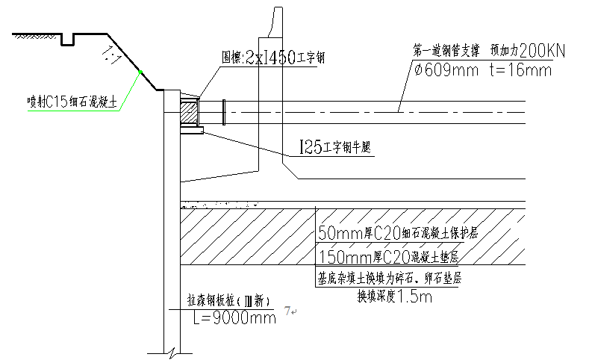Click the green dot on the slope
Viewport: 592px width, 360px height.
click(x=140, y=72)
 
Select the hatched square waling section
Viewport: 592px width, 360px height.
click(x=189, y=112)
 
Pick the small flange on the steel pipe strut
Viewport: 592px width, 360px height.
click(x=222, y=112)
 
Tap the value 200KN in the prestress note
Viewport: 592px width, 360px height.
click(x=543, y=51)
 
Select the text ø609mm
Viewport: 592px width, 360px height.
click(x=448, y=71)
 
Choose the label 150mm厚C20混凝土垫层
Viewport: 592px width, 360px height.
click(x=387, y=258)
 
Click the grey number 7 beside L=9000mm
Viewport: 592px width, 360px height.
click(x=288, y=310)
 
